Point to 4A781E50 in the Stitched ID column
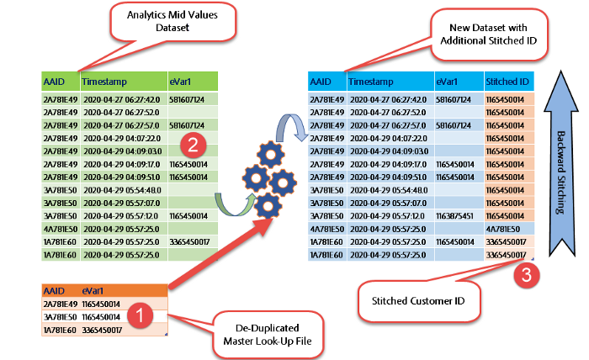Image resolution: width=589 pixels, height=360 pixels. tap(507, 228)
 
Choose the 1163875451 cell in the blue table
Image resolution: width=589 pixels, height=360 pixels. tap(458, 215)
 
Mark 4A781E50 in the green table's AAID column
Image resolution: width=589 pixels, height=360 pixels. tap(61, 228)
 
